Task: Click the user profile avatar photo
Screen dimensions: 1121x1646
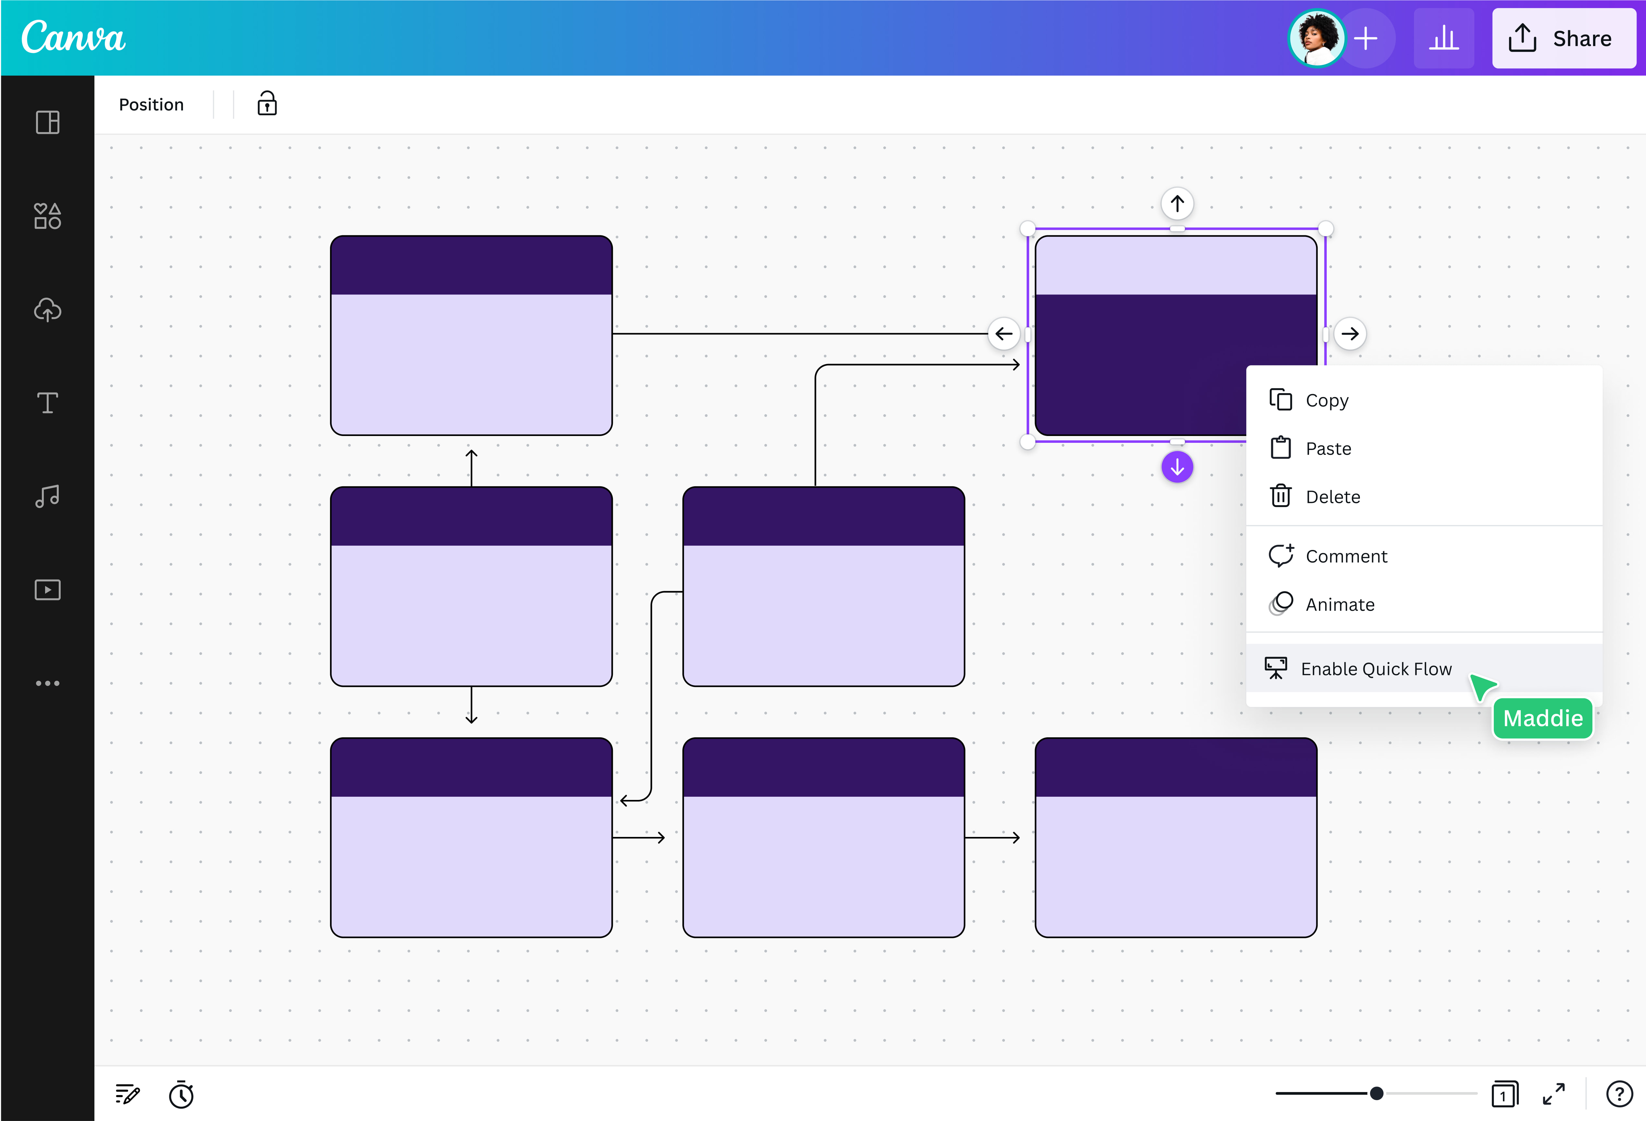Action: coord(1316,38)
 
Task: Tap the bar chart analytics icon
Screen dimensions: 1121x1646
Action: coord(1443,38)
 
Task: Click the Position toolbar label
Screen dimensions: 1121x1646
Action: coord(151,105)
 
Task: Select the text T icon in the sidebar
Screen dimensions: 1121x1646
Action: coord(47,403)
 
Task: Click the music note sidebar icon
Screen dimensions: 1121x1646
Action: coord(47,496)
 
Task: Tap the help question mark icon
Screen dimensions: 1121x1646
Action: coord(1618,1094)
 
